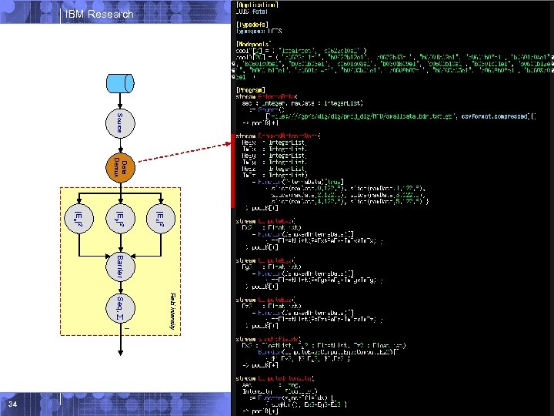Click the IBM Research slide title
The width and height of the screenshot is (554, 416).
tap(99, 14)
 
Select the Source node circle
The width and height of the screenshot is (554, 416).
tap(119, 123)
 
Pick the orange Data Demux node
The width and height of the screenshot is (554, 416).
tap(119, 169)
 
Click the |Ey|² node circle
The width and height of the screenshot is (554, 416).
tap(119, 218)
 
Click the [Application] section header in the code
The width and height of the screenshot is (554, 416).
tap(259, 4)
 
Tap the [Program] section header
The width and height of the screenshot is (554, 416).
tap(253, 91)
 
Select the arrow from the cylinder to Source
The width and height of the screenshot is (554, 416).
tap(119, 101)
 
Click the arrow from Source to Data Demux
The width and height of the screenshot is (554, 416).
tap(119, 146)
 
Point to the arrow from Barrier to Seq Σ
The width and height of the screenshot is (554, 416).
tap(119, 287)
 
